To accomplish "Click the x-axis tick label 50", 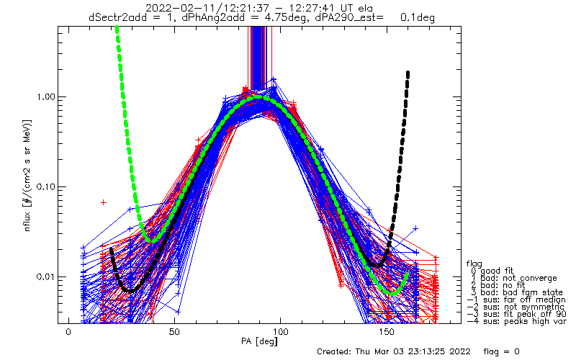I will (x=175, y=332).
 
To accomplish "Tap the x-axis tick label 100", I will (x=281, y=332).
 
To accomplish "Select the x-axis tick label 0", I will (x=68, y=332).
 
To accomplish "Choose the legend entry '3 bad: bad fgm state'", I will (x=512, y=294).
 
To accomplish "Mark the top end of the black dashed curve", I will (x=408, y=72).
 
